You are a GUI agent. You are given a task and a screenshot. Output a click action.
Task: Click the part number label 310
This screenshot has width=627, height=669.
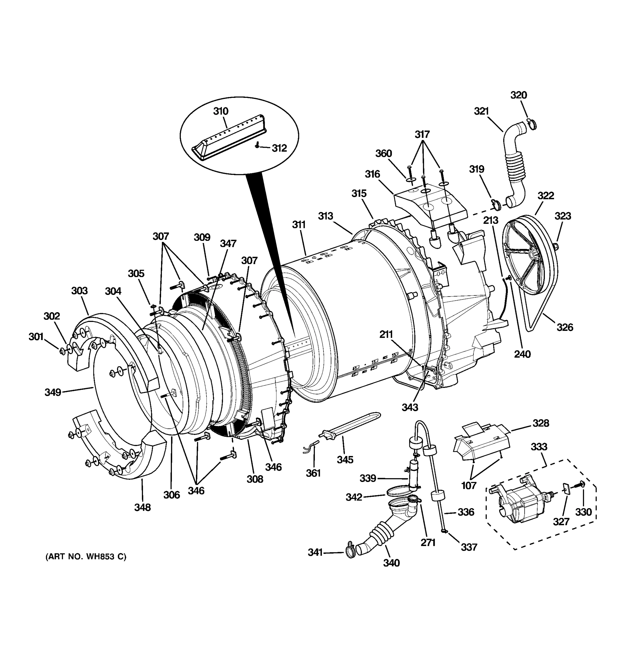click(221, 111)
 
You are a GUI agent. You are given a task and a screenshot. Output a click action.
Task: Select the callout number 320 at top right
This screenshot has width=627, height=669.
click(518, 95)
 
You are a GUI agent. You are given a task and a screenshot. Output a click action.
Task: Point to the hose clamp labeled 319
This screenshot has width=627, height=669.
click(495, 203)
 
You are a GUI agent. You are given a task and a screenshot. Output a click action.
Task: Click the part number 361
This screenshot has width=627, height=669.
click(313, 473)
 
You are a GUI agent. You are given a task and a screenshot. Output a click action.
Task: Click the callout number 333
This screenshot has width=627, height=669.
click(539, 447)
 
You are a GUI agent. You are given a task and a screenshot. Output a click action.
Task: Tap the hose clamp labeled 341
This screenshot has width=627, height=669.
click(350, 552)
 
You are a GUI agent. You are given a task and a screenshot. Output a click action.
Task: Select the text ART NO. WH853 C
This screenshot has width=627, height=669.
click(86, 557)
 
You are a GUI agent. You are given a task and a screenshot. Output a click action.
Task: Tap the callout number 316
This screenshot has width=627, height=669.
click(372, 174)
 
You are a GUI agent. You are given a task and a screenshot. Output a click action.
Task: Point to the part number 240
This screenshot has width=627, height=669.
click(522, 354)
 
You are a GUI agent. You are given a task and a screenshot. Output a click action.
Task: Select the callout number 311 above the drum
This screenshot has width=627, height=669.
click(298, 224)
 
